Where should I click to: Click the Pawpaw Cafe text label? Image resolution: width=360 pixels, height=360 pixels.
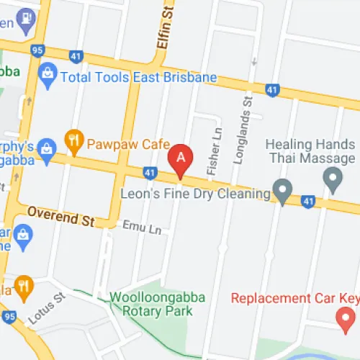[x=124, y=143]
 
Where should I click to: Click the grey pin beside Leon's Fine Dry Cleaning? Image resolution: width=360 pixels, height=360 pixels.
[x=283, y=192]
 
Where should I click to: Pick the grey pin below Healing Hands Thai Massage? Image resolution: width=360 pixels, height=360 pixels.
[x=332, y=176]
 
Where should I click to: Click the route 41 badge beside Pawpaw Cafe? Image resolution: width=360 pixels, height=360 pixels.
[x=150, y=173]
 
